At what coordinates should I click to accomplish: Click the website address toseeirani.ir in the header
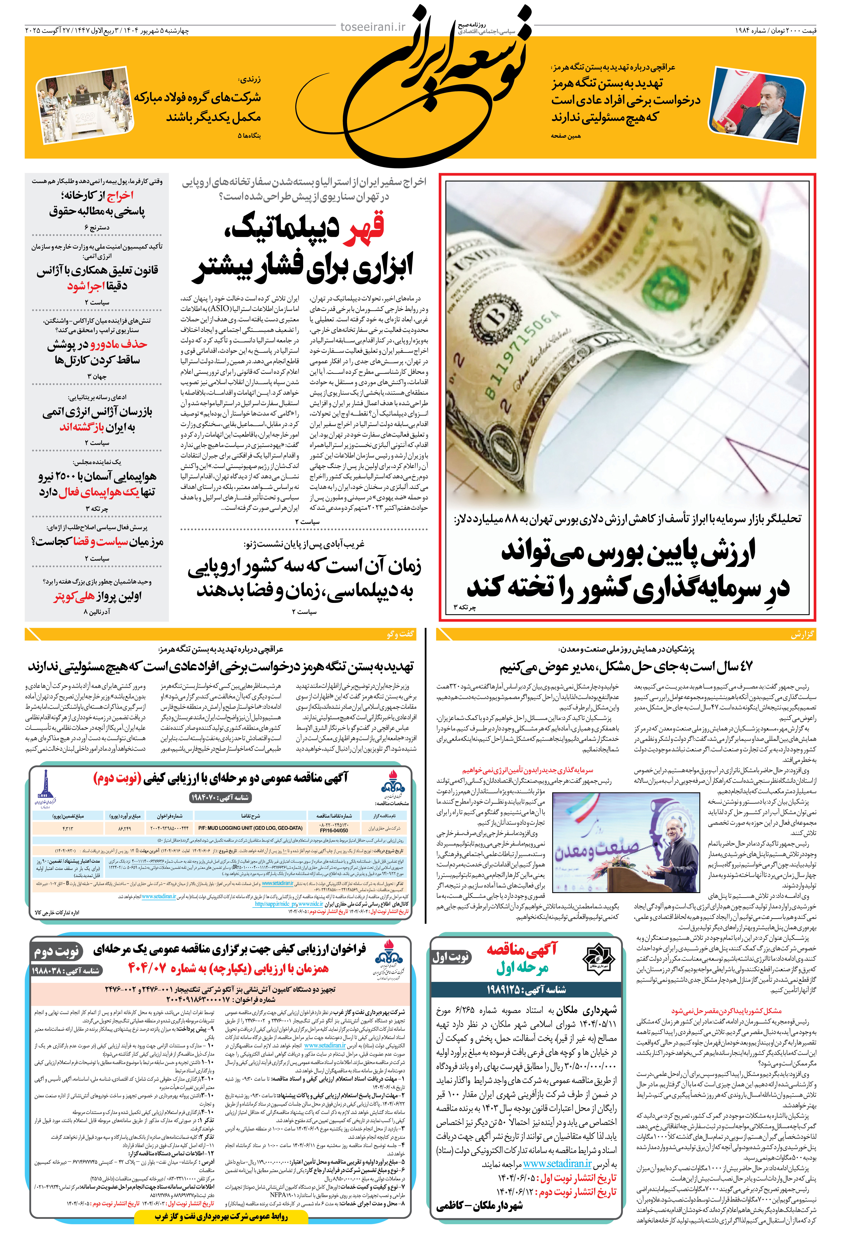pyautogui.click(x=373, y=27)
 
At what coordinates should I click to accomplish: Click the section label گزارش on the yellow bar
pyautogui.click(x=802, y=634)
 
